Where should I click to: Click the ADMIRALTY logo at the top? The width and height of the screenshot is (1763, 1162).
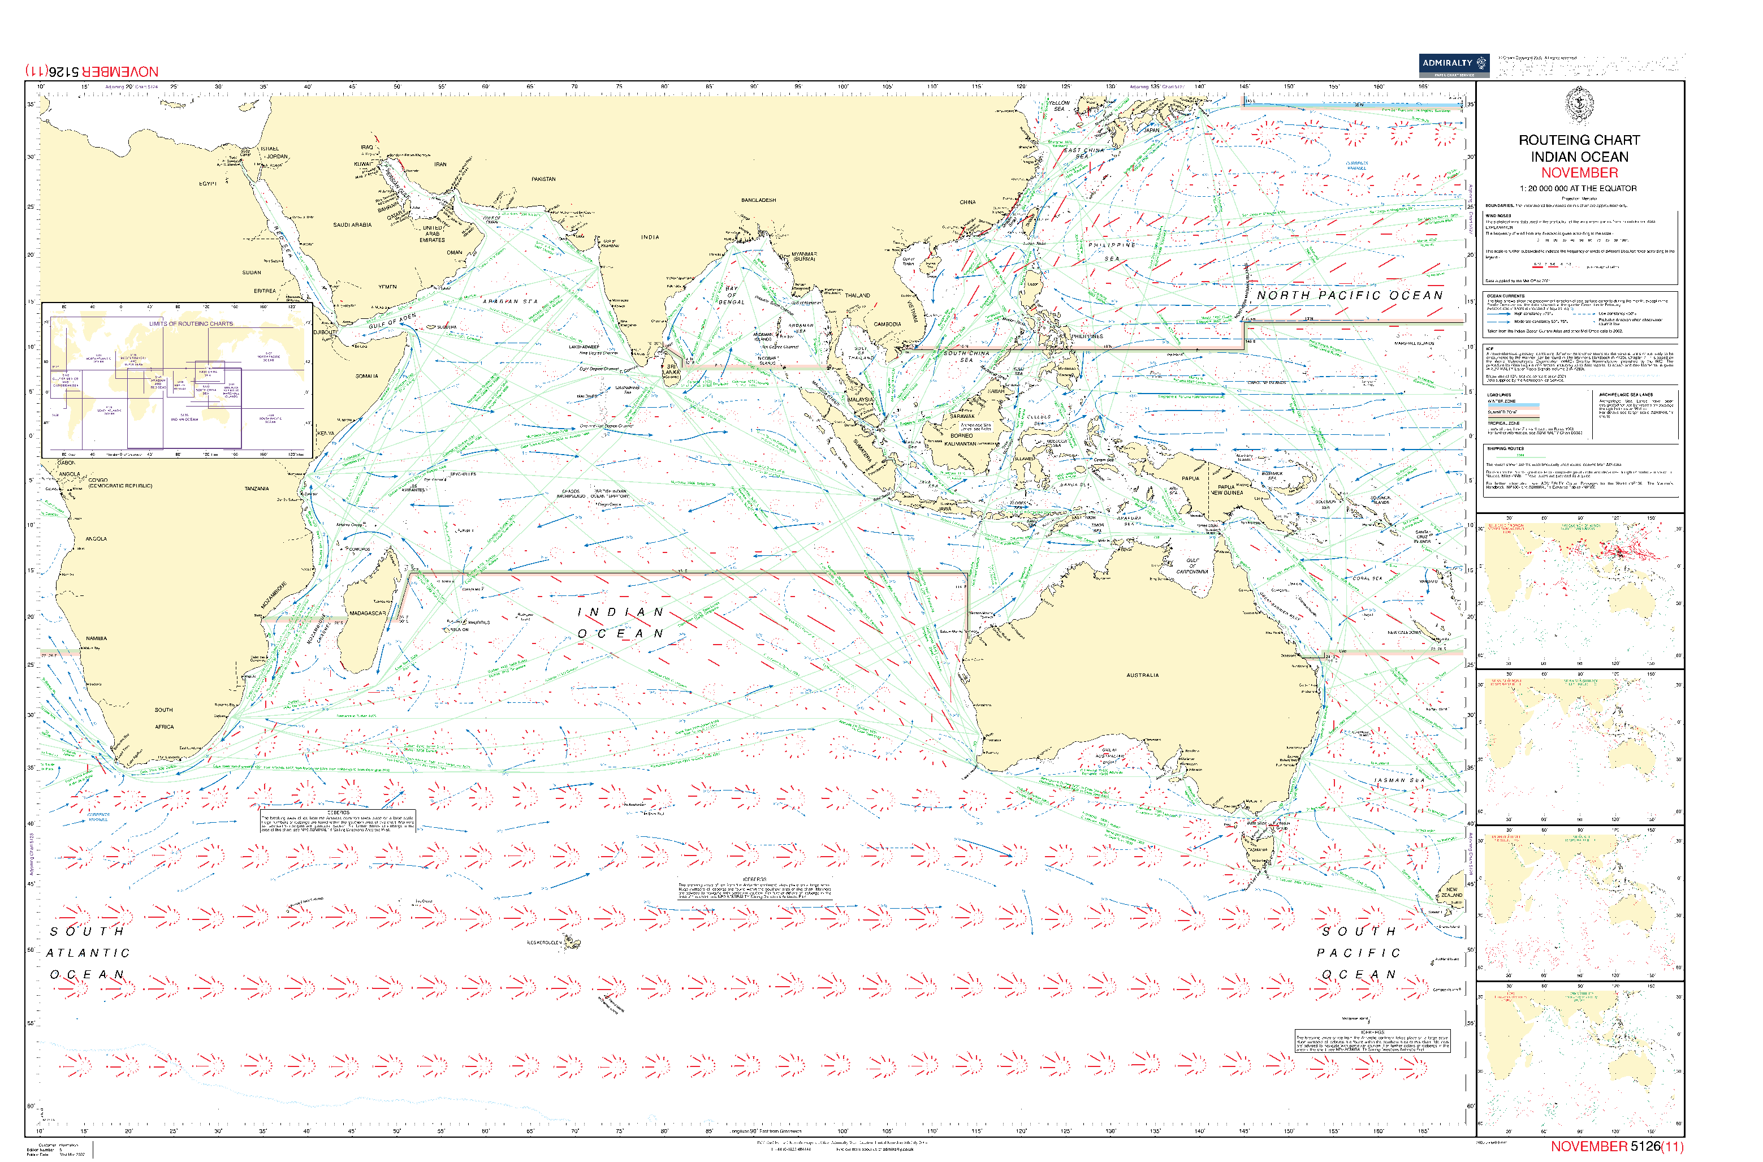[1453, 64]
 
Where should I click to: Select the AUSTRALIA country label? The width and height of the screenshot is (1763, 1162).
[1142, 675]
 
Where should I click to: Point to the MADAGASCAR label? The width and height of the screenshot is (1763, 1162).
[368, 613]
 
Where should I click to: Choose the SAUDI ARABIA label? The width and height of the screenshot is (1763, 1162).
[352, 224]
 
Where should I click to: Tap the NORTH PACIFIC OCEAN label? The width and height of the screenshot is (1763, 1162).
[1350, 295]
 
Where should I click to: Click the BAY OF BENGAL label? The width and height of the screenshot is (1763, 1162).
[732, 295]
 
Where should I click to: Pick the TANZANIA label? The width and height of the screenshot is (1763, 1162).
[256, 489]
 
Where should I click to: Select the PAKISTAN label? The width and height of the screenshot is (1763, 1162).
[543, 179]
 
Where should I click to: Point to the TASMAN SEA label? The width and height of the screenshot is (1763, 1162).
[1399, 780]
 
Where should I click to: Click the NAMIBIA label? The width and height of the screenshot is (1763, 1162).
[96, 638]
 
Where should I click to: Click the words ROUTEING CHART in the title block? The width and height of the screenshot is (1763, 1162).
[1579, 140]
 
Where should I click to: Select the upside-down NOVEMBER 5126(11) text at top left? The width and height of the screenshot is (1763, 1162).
[92, 72]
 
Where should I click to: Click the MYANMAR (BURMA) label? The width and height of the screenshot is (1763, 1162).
[804, 256]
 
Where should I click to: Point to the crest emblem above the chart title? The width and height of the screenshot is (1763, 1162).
[1579, 103]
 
